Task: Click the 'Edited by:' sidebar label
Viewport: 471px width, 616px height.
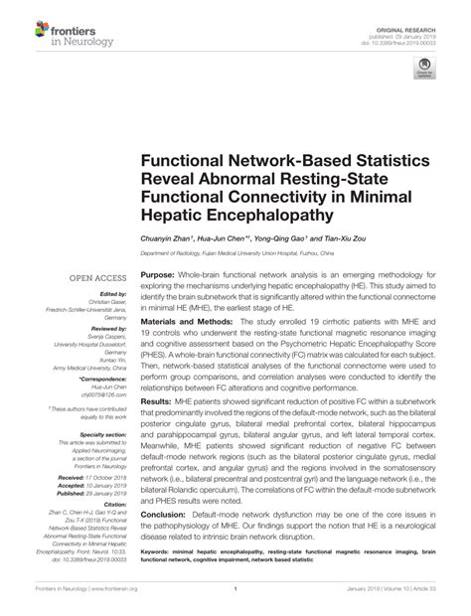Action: click(x=114, y=295)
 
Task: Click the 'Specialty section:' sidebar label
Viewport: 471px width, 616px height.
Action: click(x=104, y=434)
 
